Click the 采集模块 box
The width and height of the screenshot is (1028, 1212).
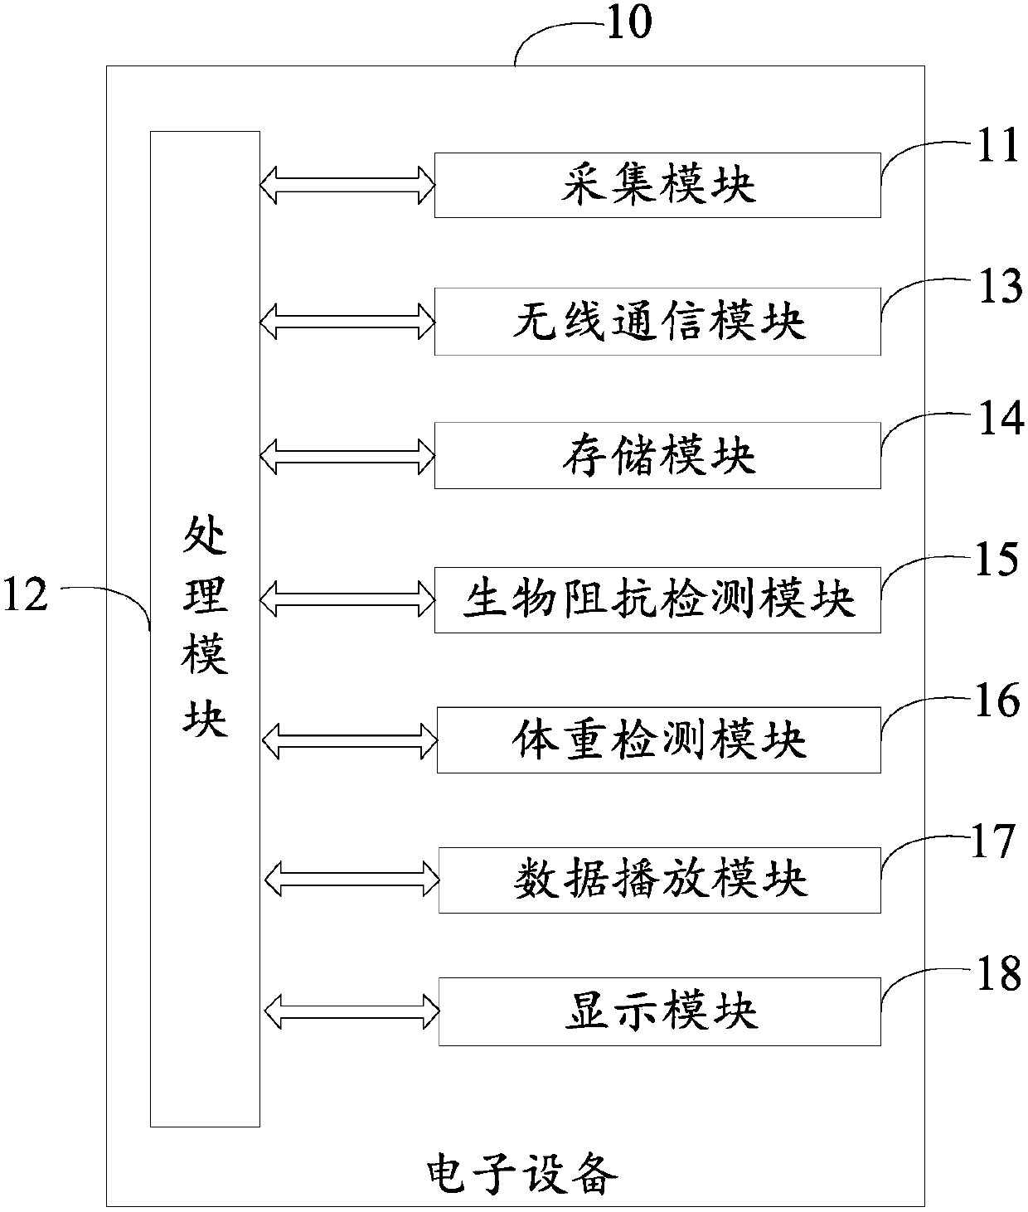click(657, 185)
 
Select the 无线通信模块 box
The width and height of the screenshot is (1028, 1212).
click(657, 322)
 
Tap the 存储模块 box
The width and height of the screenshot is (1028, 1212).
click(657, 455)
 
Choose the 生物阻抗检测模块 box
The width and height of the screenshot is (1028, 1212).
click(657, 599)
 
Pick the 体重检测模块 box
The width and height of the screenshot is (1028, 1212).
click(658, 739)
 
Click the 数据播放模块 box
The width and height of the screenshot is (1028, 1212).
click(659, 880)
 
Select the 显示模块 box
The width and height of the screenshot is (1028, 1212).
click(659, 1011)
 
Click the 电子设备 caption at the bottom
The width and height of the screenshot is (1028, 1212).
click(521, 1174)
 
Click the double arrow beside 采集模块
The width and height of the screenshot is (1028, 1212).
click(347, 185)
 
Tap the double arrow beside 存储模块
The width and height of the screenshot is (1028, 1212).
click(347, 455)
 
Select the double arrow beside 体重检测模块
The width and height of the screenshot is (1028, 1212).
click(349, 739)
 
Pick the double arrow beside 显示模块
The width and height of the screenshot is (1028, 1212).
click(352, 1011)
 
